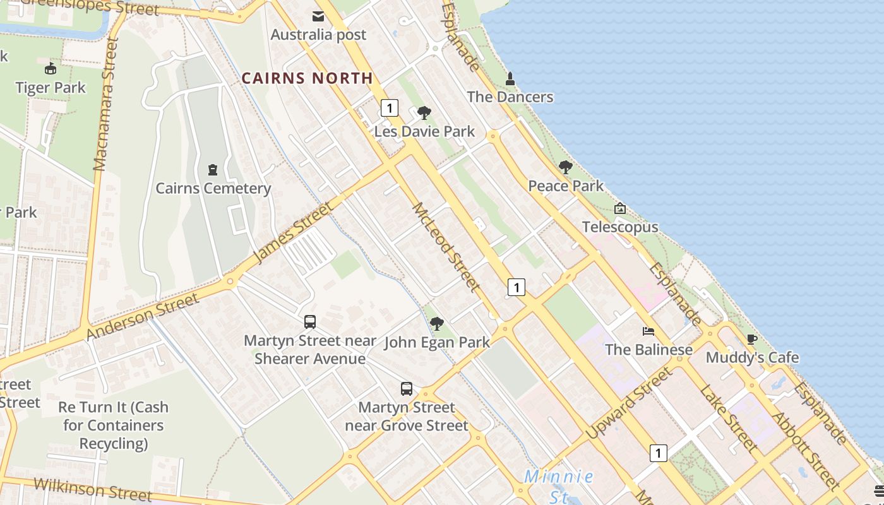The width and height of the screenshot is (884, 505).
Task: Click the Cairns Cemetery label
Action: pyautogui.click(x=213, y=188)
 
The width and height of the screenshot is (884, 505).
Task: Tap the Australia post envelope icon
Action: pyautogui.click(x=318, y=16)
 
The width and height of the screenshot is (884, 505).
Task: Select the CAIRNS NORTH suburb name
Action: pyautogui.click(x=308, y=78)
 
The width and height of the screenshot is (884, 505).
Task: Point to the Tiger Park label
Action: pyautogui.click(x=51, y=87)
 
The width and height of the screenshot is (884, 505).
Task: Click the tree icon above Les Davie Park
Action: pyautogui.click(x=424, y=113)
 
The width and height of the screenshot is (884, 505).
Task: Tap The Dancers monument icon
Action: pyautogui.click(x=510, y=79)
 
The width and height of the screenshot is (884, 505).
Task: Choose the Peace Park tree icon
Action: pyautogui.click(x=566, y=167)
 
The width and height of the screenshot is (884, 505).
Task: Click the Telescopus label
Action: pyautogui.click(x=620, y=227)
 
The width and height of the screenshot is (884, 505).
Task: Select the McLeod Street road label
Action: pyautogui.click(x=446, y=247)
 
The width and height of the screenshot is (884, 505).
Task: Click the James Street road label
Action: pyautogui.click(x=292, y=233)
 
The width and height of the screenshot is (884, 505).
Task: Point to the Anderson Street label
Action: pyautogui.click(x=143, y=315)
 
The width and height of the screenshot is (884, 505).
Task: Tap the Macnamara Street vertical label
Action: pyautogui.click(x=106, y=104)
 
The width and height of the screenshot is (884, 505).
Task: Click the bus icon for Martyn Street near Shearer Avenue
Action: pyautogui.click(x=310, y=322)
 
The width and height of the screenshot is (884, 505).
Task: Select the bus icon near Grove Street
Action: pyautogui.click(x=407, y=389)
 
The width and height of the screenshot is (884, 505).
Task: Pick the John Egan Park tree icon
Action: pyautogui.click(x=436, y=324)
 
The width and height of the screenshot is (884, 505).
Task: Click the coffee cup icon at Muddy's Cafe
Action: pyautogui.click(x=751, y=340)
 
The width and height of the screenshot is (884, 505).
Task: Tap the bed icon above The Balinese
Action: pyautogui.click(x=648, y=331)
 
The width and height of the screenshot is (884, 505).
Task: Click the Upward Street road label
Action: pyautogui.click(x=629, y=404)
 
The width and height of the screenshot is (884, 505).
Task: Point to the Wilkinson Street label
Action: pyautogui.click(x=92, y=488)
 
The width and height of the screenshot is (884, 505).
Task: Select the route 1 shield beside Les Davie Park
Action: pyautogui.click(x=390, y=108)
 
